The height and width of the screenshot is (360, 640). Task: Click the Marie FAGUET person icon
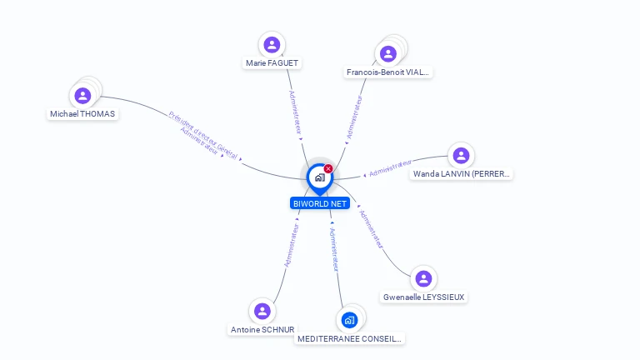point(271,45)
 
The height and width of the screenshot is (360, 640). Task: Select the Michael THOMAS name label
point(82,113)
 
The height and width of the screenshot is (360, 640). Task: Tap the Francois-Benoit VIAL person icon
point(387,54)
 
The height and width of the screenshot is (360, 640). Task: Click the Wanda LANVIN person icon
point(461,156)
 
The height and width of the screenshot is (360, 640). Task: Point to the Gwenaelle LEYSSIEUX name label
point(424,297)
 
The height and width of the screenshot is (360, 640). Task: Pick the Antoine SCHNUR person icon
point(262,312)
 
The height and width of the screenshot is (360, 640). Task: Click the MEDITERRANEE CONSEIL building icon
point(349,320)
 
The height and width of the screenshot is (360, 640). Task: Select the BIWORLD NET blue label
point(319,203)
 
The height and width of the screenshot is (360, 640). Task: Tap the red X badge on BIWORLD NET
point(328,169)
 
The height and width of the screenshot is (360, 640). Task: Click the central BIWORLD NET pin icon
point(318,177)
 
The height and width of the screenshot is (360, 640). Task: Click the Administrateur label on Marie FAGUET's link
point(294,112)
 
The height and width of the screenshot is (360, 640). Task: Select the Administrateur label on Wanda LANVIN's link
point(391,168)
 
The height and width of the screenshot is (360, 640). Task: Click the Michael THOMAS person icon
point(82,96)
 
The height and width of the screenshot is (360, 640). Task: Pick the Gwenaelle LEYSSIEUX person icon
point(423,278)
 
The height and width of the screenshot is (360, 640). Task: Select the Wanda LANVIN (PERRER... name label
point(462,174)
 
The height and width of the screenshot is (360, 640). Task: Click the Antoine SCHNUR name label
point(262,330)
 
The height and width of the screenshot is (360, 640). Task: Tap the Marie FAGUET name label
point(272,63)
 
